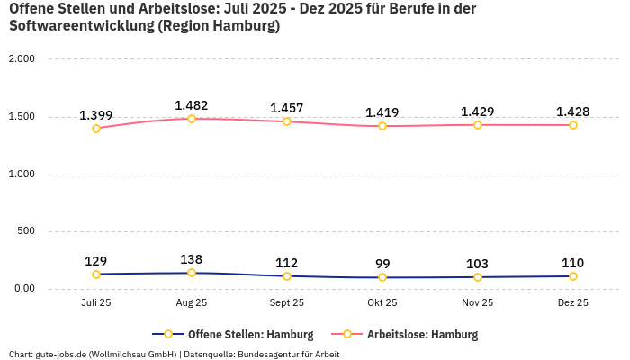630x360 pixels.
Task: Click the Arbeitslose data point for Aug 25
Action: (x=192, y=119)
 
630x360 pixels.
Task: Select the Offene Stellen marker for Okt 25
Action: (x=382, y=277)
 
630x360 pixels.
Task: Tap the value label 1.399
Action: (x=96, y=115)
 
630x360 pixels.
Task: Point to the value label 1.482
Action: (x=192, y=105)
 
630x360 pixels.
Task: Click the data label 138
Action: (x=192, y=259)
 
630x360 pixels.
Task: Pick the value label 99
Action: (x=382, y=264)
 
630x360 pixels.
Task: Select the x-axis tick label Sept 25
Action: (x=287, y=303)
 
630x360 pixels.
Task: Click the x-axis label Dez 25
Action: (x=573, y=303)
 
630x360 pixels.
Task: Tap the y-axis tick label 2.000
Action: (x=21, y=59)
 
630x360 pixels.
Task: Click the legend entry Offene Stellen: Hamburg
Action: (x=233, y=335)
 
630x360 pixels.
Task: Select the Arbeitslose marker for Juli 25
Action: (x=96, y=129)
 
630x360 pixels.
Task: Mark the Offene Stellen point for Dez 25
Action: (x=573, y=276)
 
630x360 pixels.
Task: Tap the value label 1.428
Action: (x=573, y=112)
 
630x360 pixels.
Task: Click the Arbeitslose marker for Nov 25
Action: (x=478, y=125)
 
